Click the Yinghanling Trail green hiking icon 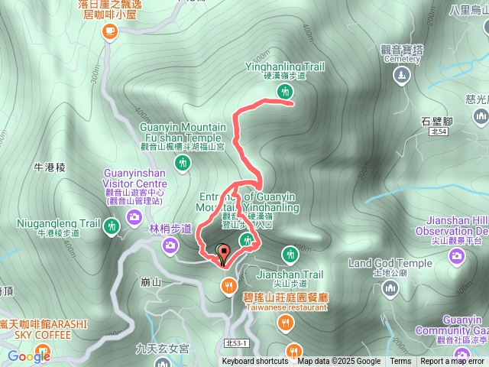click(x=285, y=92)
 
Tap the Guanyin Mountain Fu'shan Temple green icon click(x=182, y=162)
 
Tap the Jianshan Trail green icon click(x=290, y=254)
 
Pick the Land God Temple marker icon click(x=390, y=288)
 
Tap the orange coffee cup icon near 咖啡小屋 click(x=112, y=31)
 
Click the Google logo click(x=29, y=356)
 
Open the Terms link click(x=400, y=362)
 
